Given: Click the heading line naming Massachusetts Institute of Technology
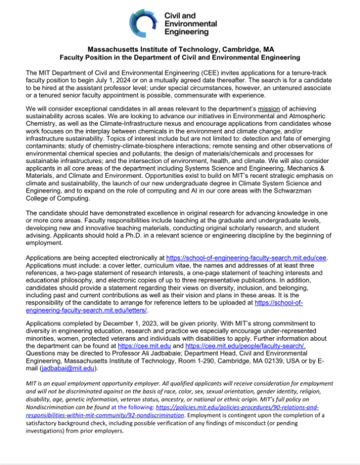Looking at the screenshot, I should (x=180, y=50).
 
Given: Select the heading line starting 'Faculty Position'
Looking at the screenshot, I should (x=180, y=57).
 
